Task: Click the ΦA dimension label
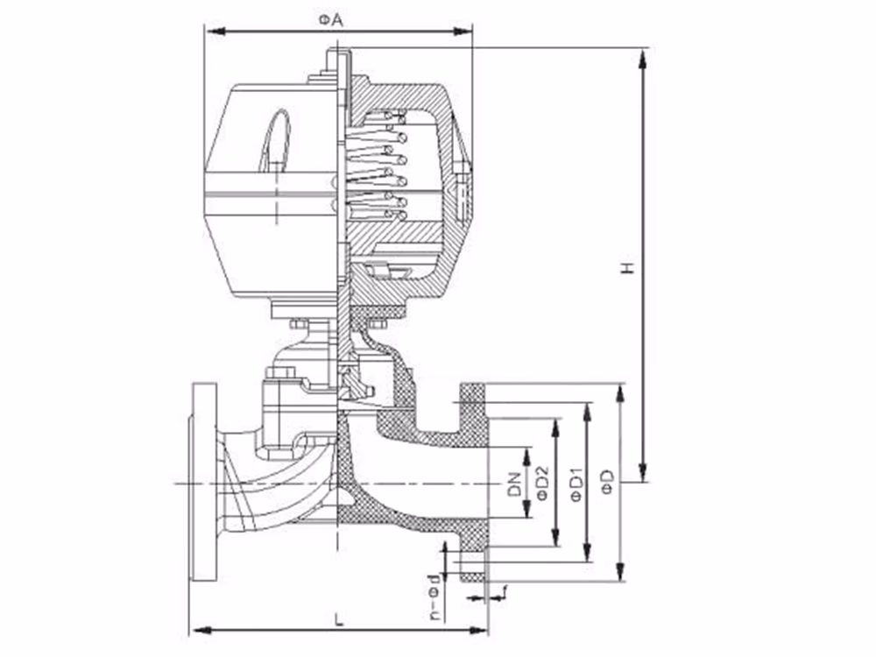331,21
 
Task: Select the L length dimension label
337,619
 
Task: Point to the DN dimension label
514,484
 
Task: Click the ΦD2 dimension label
542,483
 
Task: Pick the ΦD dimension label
609,482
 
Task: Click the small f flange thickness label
505,591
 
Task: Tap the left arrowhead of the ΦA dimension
215,32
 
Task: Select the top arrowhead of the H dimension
643,59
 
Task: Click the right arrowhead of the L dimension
478,631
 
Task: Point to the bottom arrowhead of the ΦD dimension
619,572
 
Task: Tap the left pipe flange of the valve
203,482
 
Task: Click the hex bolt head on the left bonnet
280,372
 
